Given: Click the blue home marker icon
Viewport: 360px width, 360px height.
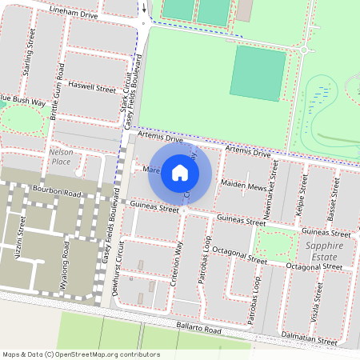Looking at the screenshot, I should [180, 172].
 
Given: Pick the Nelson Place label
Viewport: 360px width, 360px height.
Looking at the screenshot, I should [61, 156].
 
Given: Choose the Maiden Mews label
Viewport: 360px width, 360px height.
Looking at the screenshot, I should [243, 186].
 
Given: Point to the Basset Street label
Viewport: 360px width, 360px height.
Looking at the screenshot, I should [331, 199].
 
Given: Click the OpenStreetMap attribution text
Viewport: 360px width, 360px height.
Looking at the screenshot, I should [80, 354].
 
